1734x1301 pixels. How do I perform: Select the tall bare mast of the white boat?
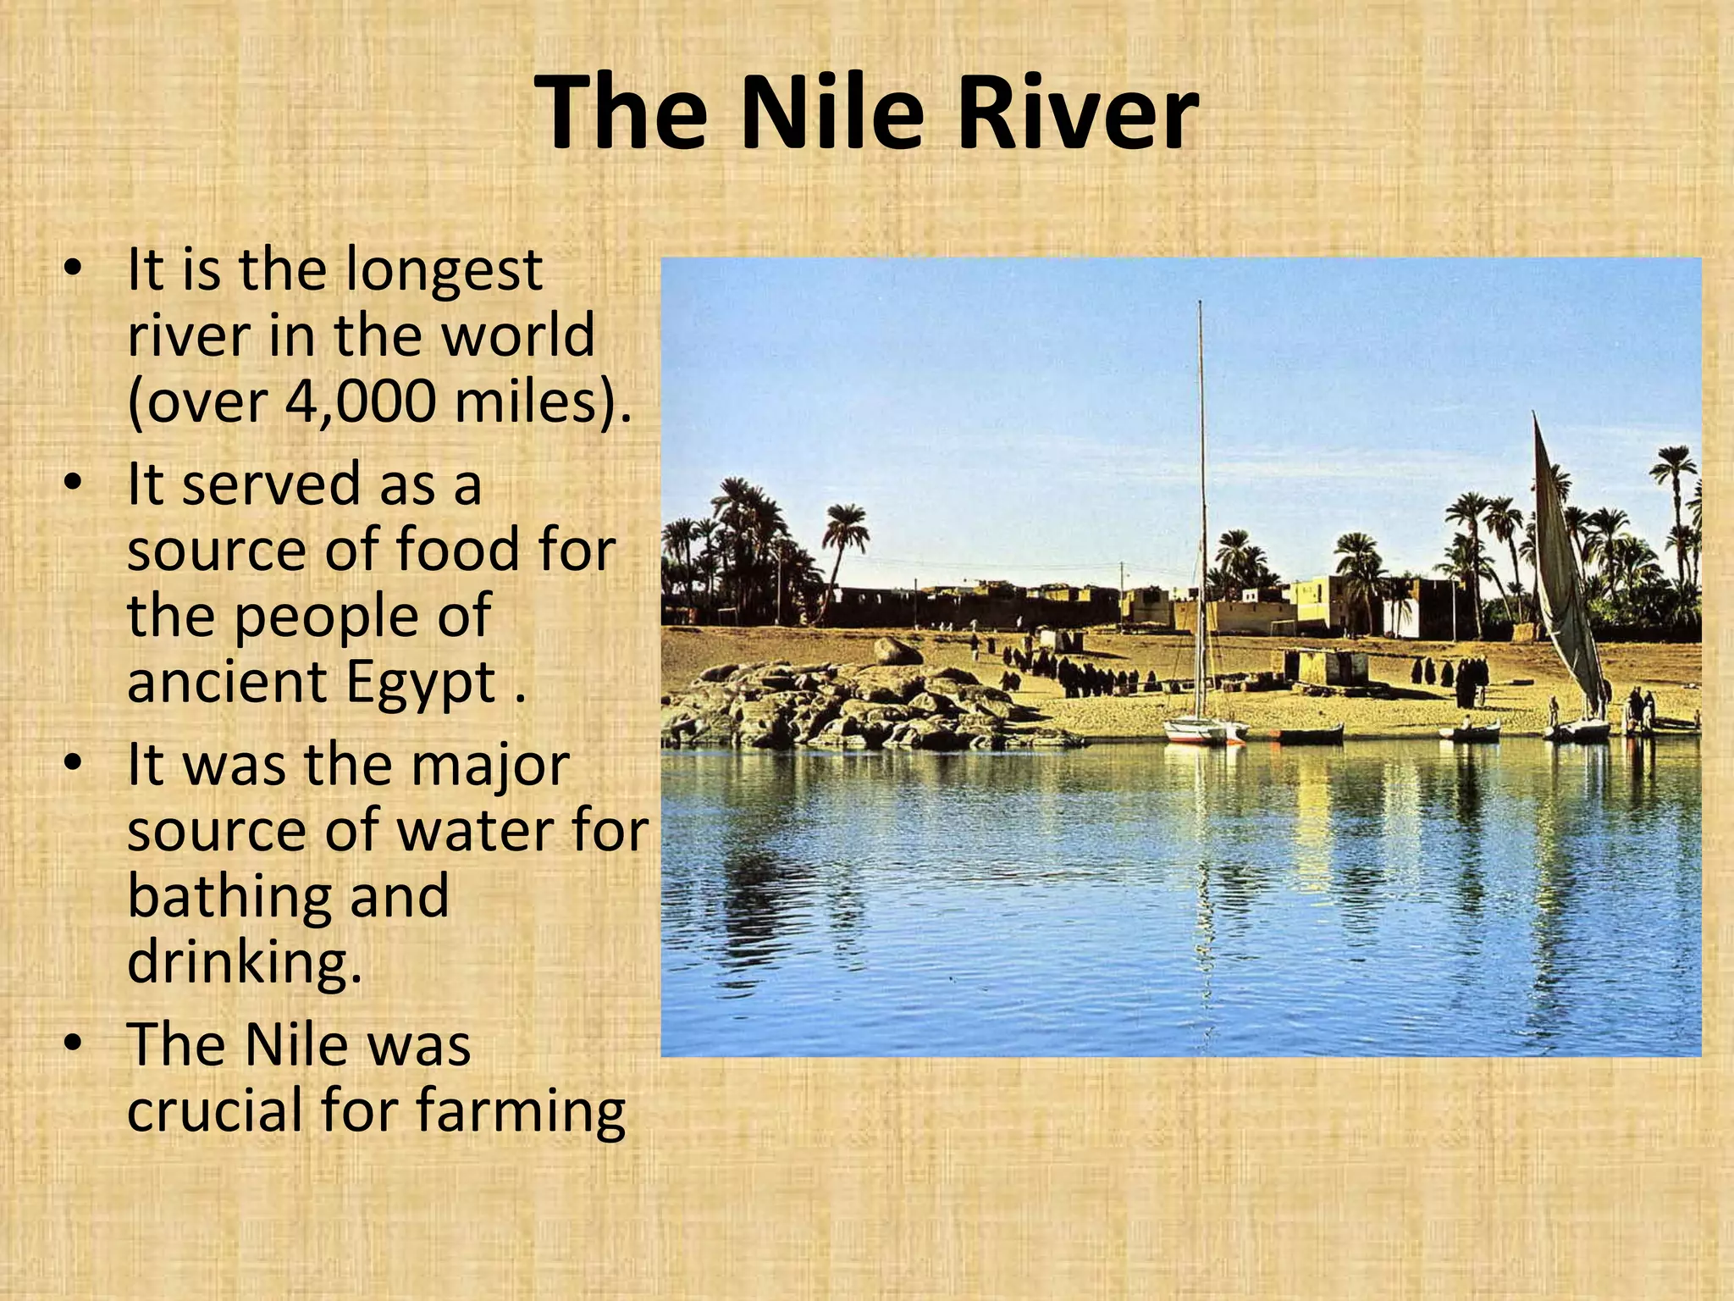[1200, 508]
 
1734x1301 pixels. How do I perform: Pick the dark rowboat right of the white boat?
[1311, 734]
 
